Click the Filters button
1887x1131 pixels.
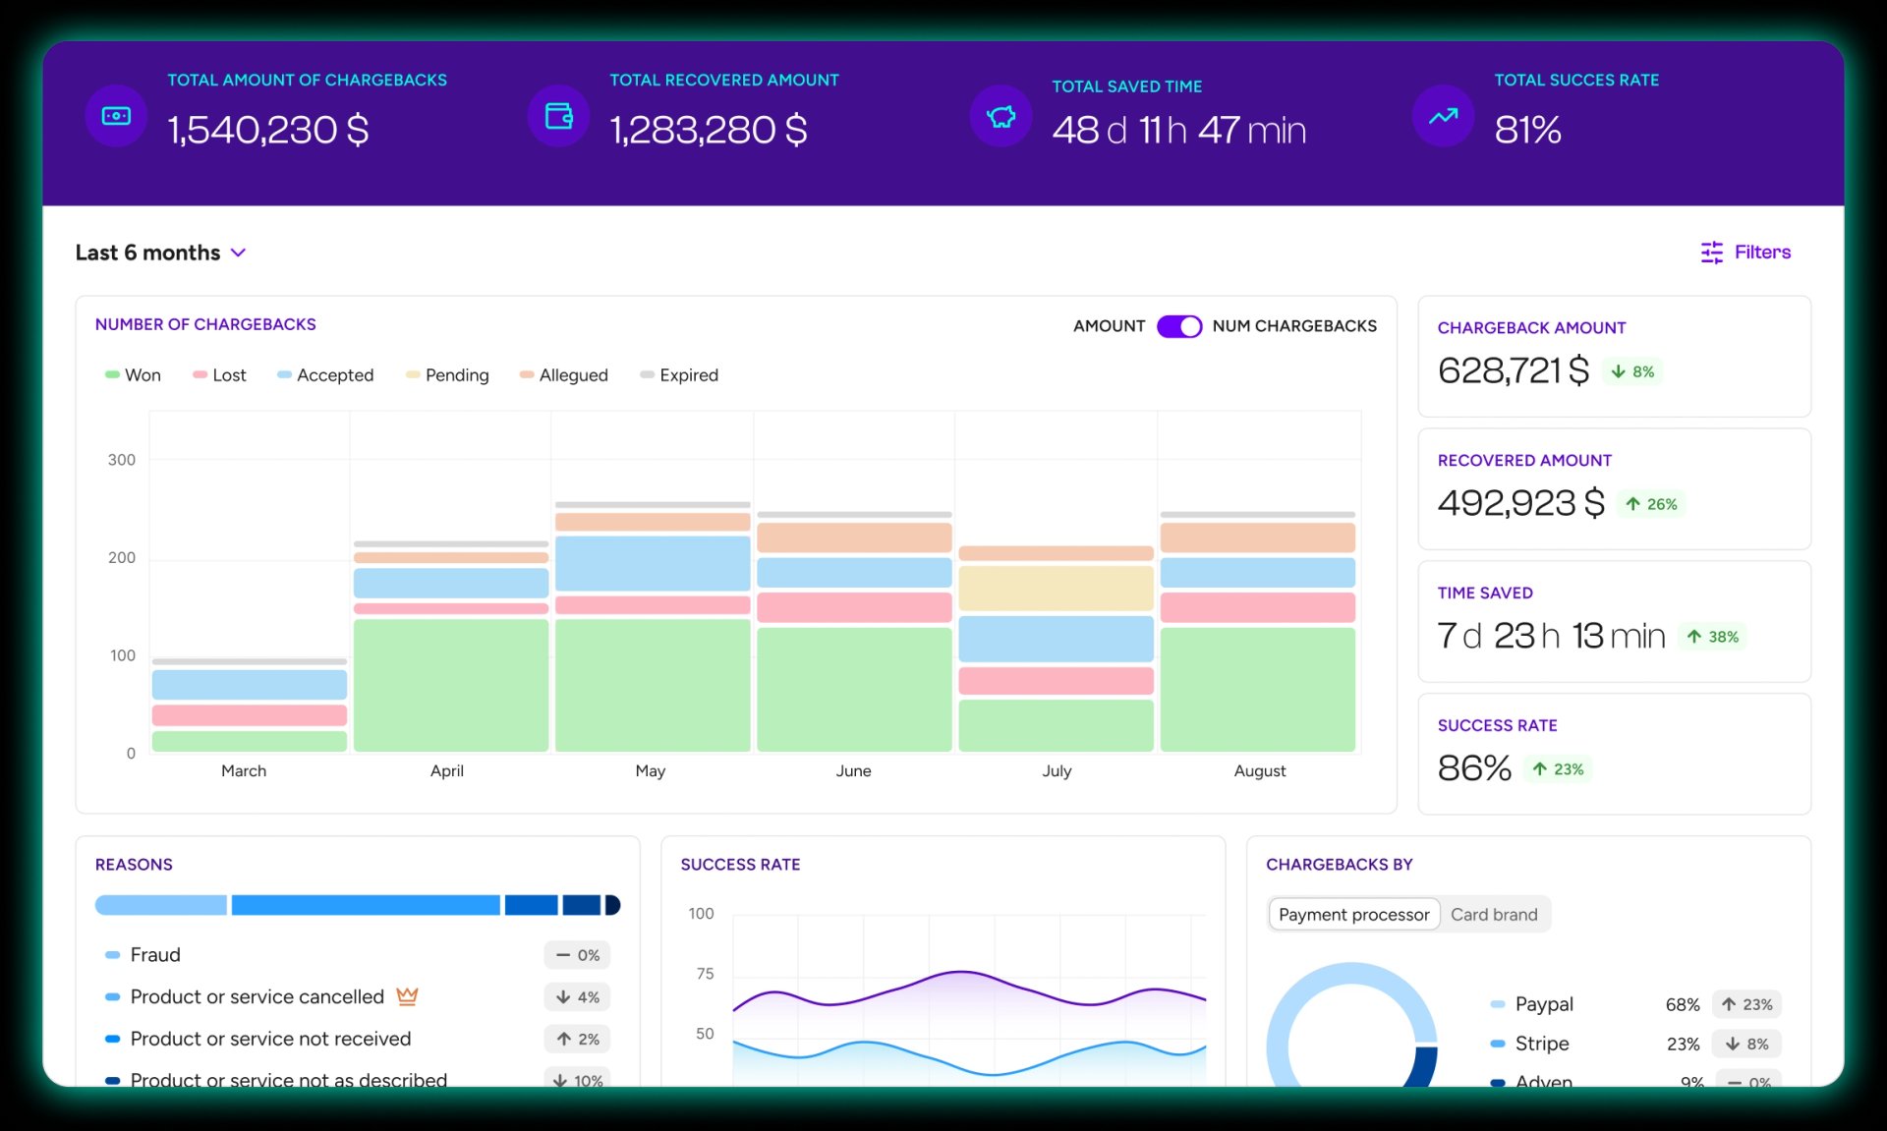coord(1745,253)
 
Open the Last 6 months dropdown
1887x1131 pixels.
coord(160,253)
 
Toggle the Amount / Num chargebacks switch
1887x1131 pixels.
coord(1178,326)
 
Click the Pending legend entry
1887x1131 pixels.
coord(447,375)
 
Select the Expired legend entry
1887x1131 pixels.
coord(679,375)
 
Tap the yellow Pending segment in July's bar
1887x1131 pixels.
coord(1056,588)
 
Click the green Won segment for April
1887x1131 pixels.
coord(450,685)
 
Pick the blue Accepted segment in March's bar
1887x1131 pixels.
coord(249,684)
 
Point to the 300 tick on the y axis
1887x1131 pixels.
coord(122,460)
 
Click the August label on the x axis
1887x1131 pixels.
coord(1259,771)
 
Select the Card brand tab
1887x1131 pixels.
coord(1493,915)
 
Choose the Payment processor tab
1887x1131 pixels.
coord(1353,915)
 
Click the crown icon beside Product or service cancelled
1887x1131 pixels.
coord(407,996)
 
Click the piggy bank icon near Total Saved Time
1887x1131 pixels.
coord(1001,117)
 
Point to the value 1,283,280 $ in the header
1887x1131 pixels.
coord(708,130)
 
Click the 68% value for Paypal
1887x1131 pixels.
coord(1682,1004)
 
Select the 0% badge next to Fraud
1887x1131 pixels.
coord(577,955)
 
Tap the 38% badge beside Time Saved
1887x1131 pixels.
coord(1713,637)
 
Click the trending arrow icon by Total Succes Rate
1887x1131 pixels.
coord(1443,117)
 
